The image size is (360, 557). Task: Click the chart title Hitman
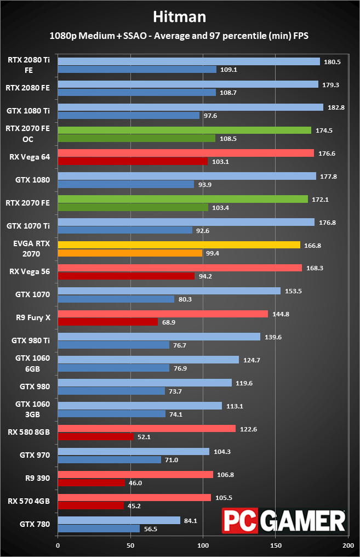tap(180, 17)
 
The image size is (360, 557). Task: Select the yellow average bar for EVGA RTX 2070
tap(179, 245)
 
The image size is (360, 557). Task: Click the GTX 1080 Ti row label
tap(28, 110)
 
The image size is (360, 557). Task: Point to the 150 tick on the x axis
tap(276, 546)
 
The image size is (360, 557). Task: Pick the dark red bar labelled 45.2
tap(90, 505)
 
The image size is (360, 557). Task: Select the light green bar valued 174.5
tap(184, 130)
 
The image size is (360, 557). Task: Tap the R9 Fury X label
tap(33, 317)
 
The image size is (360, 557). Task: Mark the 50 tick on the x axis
tap(130, 546)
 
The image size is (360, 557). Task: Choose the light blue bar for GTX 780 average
tap(119, 520)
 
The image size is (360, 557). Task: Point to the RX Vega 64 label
tap(30, 156)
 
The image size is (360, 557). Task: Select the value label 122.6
tap(248, 429)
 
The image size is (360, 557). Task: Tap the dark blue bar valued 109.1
tap(137, 70)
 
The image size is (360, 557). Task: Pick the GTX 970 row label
tap(35, 454)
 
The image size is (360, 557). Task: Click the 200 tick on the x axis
tap(348, 546)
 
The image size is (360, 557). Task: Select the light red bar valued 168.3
tap(180, 268)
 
